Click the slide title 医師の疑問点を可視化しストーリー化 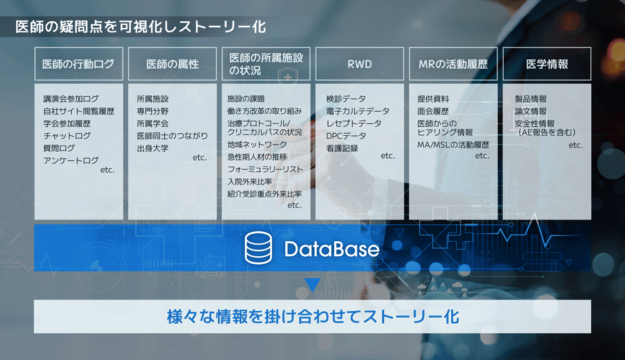pos(141,27)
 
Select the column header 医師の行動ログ pos(79,64)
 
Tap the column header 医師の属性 pos(172,64)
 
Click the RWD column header pos(359,64)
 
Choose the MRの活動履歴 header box pos(453,64)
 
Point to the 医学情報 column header pos(547,64)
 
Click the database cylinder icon pos(258,248)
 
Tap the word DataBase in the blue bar pos(332,249)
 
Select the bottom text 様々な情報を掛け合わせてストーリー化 pos(313,316)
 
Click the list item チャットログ pos(67,136)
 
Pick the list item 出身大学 pos(152,148)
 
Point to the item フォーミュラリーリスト pos(265,169)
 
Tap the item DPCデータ pos(346,136)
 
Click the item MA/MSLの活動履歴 pos(453,145)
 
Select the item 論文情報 pos(531,111)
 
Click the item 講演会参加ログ pos(71,99)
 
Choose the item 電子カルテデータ pos(357,111)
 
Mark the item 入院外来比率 pos(249,182)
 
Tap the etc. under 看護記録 pos(387,156)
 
